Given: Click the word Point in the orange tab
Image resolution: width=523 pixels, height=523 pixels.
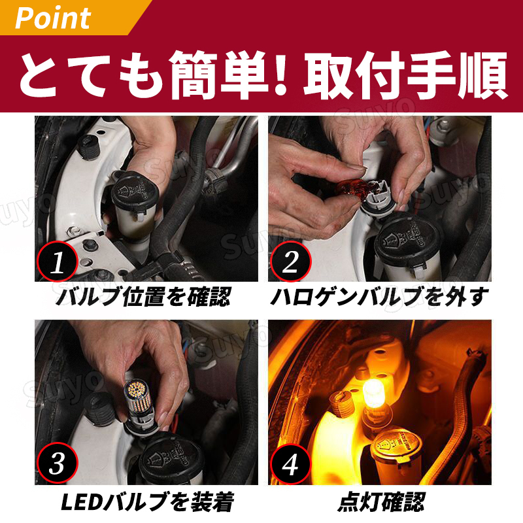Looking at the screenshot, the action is click(53, 18).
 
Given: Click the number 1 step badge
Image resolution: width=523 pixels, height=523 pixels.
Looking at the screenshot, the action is click(57, 261).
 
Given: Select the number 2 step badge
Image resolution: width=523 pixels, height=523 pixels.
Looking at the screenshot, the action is click(290, 261).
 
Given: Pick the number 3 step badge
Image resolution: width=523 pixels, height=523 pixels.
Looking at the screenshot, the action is click(57, 463).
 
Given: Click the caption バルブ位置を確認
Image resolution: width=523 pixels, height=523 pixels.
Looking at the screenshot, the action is click(143, 297).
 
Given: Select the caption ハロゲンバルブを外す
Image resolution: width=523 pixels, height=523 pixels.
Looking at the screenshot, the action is click(379, 297).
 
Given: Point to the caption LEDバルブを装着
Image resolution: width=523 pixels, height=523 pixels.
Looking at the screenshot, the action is click(147, 502).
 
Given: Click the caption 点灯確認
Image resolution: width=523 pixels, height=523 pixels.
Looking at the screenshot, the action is click(380, 502).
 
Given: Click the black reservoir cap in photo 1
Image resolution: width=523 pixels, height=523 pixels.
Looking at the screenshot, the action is click(135, 190).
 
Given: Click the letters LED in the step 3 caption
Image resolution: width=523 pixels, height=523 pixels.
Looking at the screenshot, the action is click(82, 502).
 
